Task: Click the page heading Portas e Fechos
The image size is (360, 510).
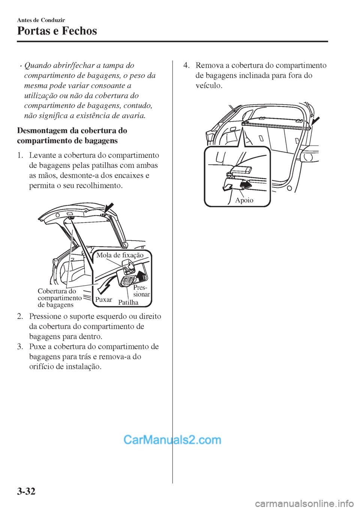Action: point(57,31)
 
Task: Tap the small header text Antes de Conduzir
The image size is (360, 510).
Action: point(41,20)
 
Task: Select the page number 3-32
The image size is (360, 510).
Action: point(26,490)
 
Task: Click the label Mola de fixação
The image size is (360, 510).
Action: point(120,255)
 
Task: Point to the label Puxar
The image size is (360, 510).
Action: point(103,300)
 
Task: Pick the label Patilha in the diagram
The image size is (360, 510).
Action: point(128,302)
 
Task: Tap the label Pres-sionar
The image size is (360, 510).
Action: point(141,291)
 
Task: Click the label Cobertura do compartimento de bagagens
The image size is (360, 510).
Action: point(59,298)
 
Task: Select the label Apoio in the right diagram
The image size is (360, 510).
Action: point(244,200)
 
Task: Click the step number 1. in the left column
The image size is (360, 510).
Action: point(21,155)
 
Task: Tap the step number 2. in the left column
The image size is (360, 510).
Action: point(21,316)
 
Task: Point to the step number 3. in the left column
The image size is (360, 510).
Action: point(21,346)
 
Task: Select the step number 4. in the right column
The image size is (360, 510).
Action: point(187,65)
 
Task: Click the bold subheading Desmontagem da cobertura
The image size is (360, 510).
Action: point(72,136)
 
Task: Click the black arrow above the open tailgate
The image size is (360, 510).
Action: point(110,208)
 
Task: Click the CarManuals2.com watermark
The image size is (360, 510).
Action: point(172,439)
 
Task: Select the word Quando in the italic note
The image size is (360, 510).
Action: point(37,65)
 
